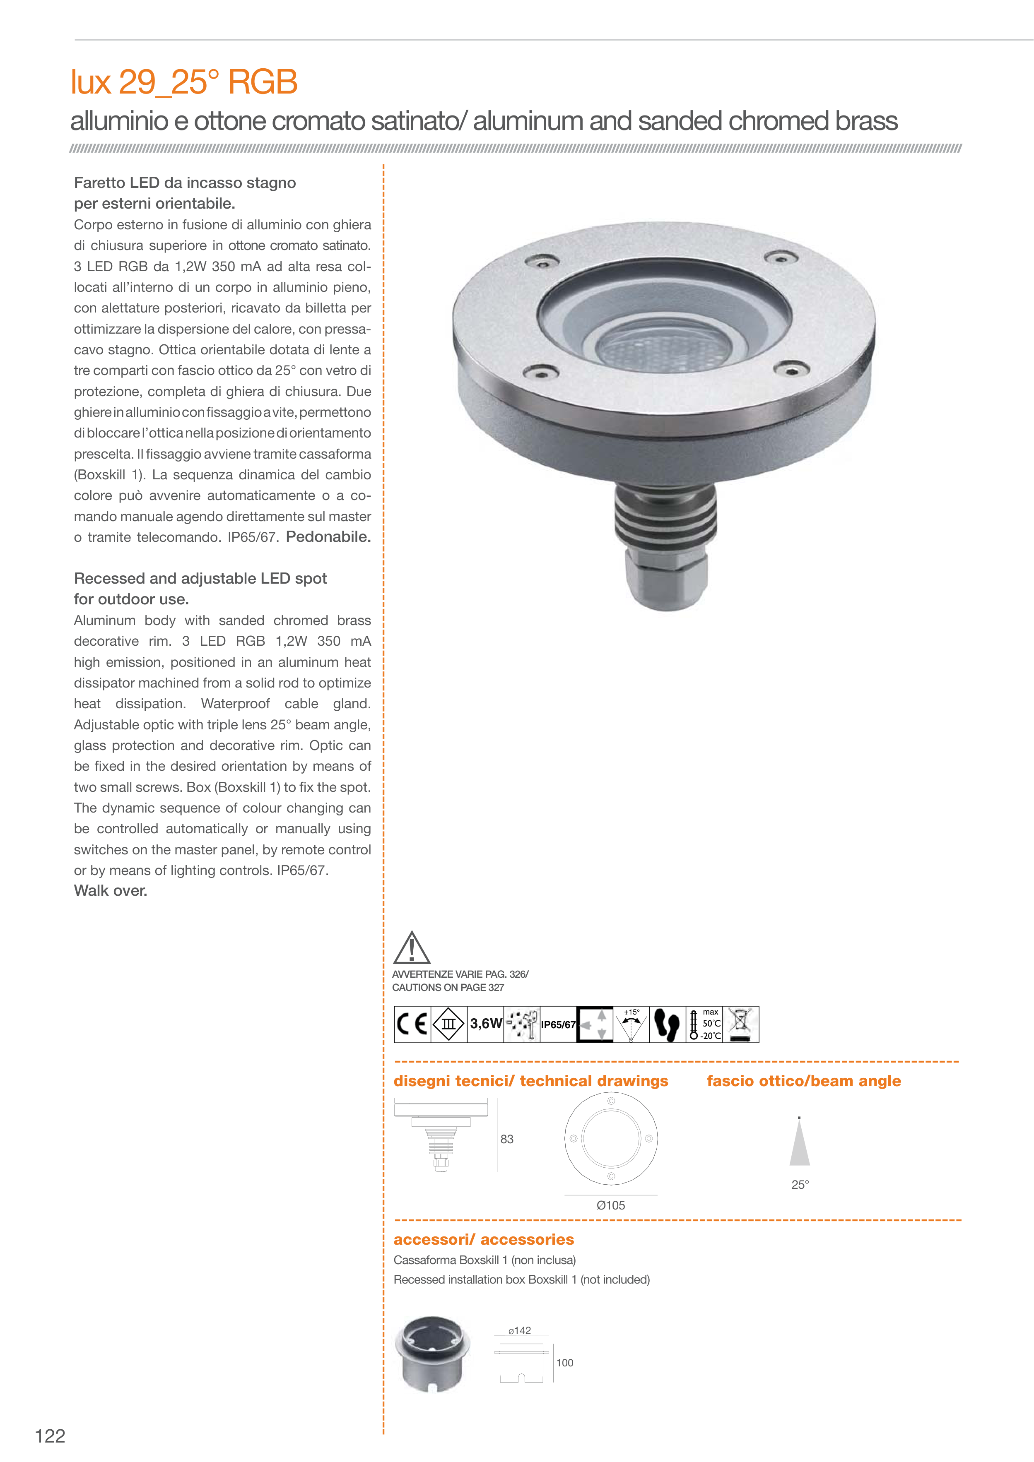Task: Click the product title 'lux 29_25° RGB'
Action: pyautogui.click(x=184, y=82)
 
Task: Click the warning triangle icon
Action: pyautogui.click(x=412, y=948)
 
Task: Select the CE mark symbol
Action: pyautogui.click(x=412, y=1024)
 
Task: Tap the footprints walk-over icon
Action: pyautogui.click(x=667, y=1024)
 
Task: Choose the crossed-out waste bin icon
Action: pyautogui.click(x=740, y=1024)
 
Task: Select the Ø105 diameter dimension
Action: pyautogui.click(x=610, y=1205)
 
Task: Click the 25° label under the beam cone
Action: pyautogui.click(x=800, y=1184)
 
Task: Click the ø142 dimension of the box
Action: pyautogui.click(x=520, y=1330)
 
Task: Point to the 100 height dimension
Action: pyautogui.click(x=564, y=1363)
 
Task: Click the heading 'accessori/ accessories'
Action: pyautogui.click(x=484, y=1239)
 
